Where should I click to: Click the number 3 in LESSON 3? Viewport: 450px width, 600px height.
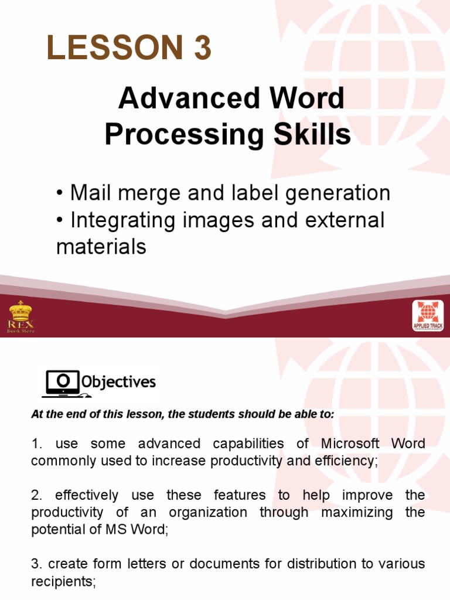199,49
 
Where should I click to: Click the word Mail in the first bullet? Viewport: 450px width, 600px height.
89,193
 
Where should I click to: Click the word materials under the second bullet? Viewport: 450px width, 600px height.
101,247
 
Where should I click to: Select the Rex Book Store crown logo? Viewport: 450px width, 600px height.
21,316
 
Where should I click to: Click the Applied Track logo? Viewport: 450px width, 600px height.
428,317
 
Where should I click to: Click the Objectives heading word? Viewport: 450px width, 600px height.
118,383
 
